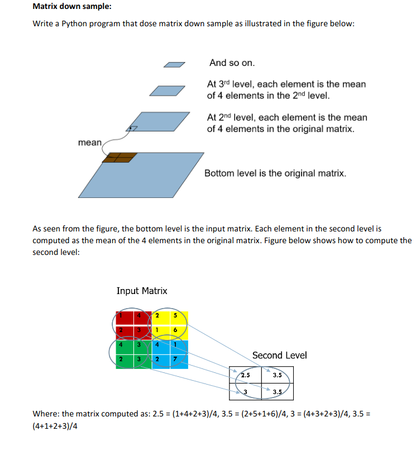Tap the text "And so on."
(x=232, y=63)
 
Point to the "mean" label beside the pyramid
(x=89, y=143)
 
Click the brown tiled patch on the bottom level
(x=119, y=158)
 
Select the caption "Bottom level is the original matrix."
(x=275, y=173)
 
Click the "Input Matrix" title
(x=142, y=291)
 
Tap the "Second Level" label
(x=279, y=356)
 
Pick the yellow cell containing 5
(x=176, y=316)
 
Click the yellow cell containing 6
(x=176, y=331)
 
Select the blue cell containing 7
(x=176, y=358)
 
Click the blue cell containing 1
(x=176, y=345)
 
